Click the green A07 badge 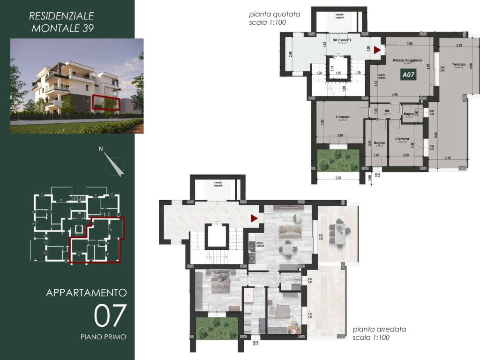(x=407, y=74)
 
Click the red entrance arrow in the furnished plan (x=254, y=218)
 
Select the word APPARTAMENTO (x=86, y=292)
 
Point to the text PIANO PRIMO (x=103, y=336)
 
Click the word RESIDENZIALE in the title (x=61, y=15)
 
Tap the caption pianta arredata (x=374, y=330)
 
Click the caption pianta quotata (x=274, y=15)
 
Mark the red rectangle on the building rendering (x=105, y=102)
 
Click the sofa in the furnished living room (x=289, y=230)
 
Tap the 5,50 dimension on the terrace (x=436, y=135)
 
